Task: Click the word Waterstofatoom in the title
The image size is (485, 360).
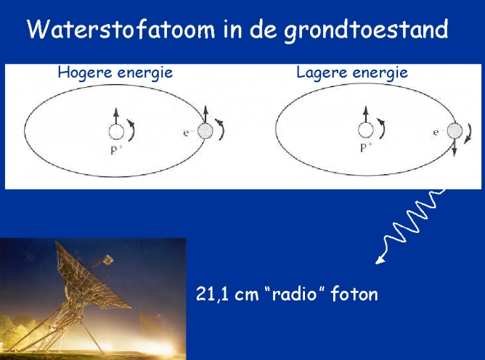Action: (121, 29)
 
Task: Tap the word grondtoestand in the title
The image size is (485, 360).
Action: (366, 30)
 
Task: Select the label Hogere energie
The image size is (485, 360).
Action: (115, 73)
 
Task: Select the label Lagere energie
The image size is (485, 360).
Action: (352, 73)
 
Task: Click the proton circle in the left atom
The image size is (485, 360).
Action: (116, 131)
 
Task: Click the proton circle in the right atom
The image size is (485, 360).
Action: (366, 130)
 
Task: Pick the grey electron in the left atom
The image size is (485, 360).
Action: (205, 131)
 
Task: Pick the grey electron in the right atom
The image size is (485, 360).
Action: (455, 131)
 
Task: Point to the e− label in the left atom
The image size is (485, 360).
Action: (188, 133)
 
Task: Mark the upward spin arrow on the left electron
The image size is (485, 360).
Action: (205, 115)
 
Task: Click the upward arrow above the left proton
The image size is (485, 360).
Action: (116, 116)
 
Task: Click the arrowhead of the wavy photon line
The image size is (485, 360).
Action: (380, 260)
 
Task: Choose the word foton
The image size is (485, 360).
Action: (354, 293)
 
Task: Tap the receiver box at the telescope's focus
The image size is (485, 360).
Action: (107, 259)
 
